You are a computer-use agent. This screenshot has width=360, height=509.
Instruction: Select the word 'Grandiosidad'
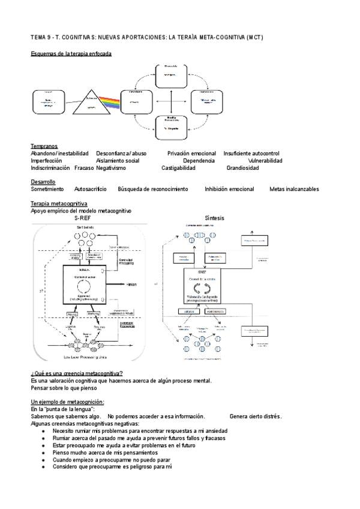[242, 168]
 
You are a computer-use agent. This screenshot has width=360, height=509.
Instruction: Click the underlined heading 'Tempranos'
[44, 146]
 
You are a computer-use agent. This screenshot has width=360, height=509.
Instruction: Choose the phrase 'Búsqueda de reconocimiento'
[153, 189]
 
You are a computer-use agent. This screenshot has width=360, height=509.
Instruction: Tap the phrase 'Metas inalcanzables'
[294, 189]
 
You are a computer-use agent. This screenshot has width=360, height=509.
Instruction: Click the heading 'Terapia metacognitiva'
[59, 204]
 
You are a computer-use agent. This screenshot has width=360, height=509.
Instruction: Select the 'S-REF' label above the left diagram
[83, 218]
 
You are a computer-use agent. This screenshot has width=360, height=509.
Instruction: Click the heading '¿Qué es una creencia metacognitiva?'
[76, 373]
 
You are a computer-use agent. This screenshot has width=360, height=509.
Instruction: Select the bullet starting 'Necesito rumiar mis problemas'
[139, 430]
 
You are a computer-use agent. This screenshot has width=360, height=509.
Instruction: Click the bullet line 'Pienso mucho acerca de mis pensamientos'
[105, 452]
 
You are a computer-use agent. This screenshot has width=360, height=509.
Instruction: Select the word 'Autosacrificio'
[91, 189]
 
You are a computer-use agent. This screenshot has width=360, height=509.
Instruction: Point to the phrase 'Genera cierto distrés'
[256, 416]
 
